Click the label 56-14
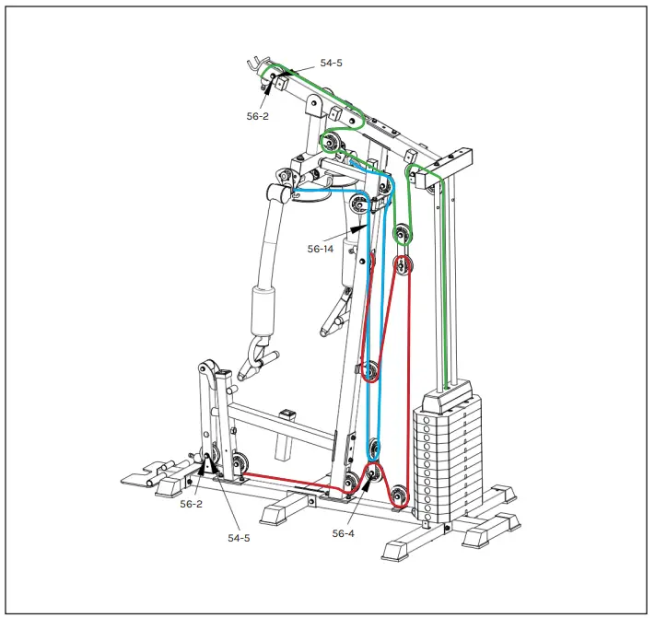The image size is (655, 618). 320,249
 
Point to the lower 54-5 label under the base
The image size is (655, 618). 239,538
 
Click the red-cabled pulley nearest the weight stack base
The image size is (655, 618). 399,495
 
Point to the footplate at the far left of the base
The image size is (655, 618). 142,478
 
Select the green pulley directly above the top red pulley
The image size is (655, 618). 402,235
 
